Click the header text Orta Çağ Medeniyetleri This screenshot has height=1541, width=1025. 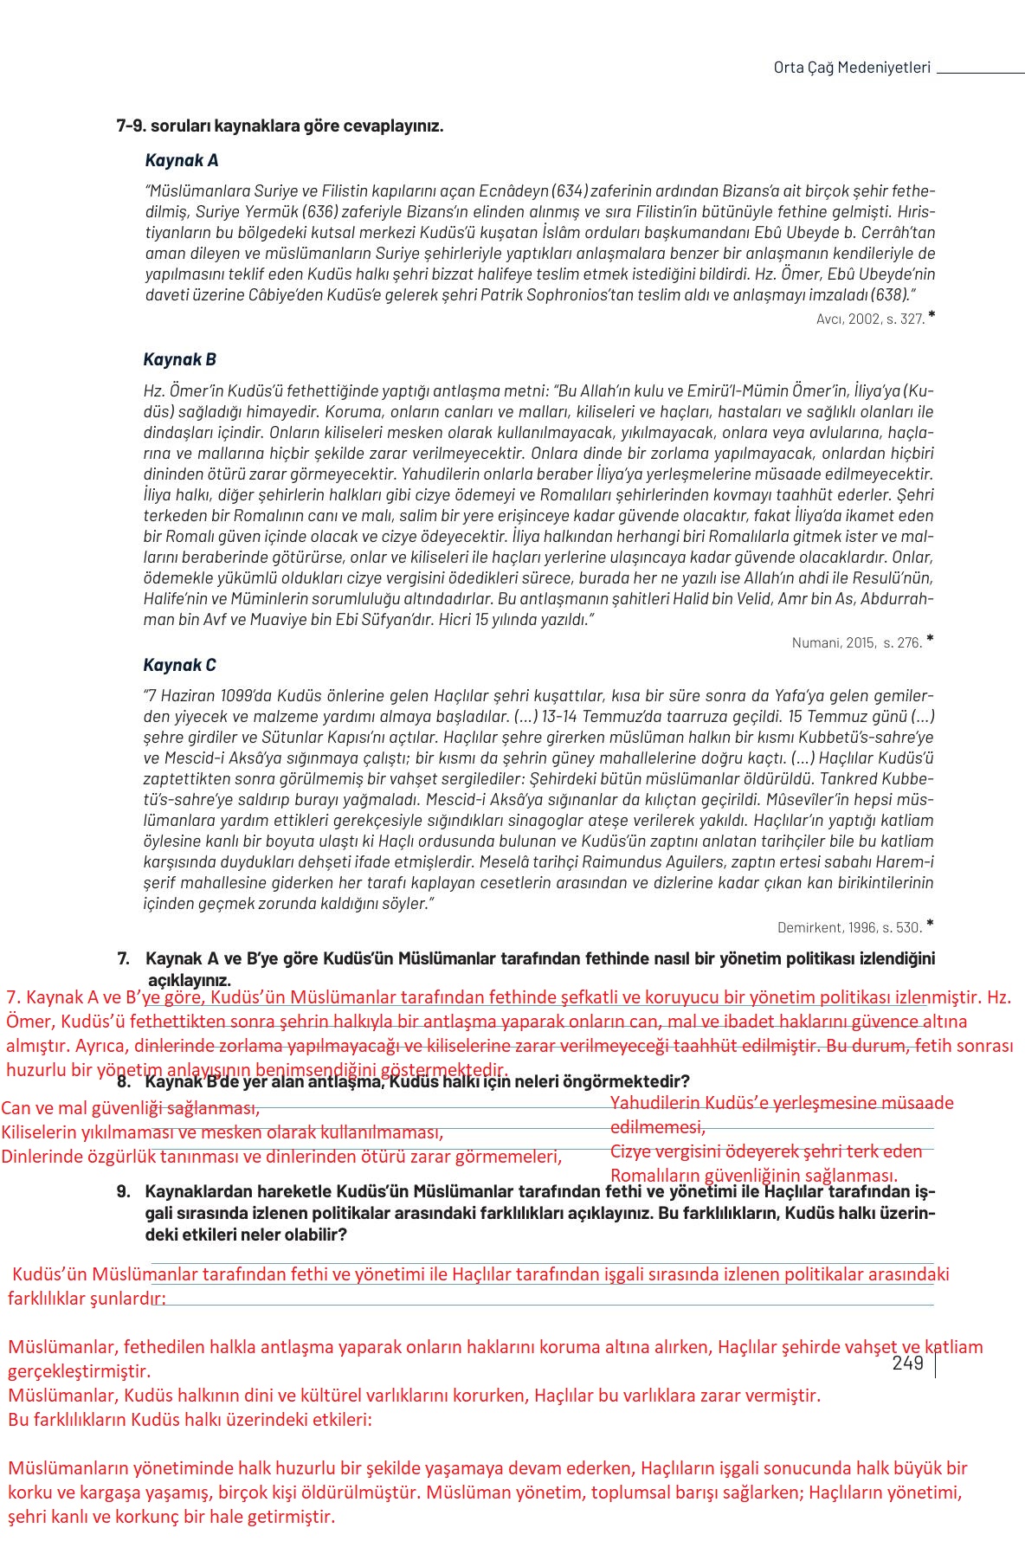coord(852,68)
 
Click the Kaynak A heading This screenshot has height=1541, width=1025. coord(182,160)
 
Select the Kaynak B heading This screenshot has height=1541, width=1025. coord(179,359)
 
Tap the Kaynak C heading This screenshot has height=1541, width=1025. coord(179,665)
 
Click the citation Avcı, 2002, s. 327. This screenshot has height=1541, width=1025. coord(870,319)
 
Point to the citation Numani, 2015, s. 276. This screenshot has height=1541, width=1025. coord(857,642)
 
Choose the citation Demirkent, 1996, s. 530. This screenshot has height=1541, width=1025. coord(850,927)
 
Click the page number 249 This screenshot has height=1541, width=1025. coord(907,1364)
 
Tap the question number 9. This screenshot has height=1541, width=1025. coord(124,1191)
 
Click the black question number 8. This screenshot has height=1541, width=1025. coord(124,1082)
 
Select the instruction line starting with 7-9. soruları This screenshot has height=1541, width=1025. coord(280,126)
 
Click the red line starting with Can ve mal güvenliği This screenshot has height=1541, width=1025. coord(130,1108)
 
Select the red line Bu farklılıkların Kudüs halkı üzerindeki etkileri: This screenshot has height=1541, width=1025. coord(190,1420)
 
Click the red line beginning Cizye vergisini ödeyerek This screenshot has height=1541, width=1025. coord(766,1151)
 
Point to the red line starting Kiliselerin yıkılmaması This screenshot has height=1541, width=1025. coord(222,1132)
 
